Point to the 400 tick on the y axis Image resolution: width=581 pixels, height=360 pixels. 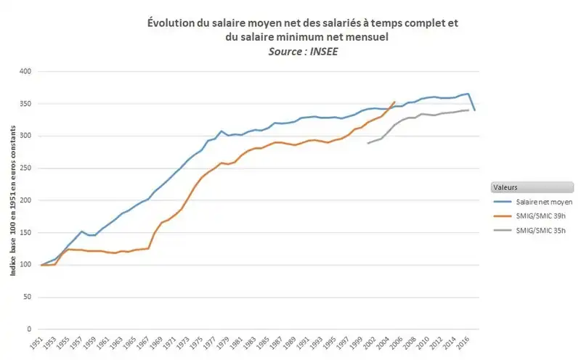point(25,72)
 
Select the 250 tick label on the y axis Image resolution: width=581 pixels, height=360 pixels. point(25,168)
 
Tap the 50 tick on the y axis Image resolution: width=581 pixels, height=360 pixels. point(28,297)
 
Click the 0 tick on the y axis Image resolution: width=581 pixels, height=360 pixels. point(30,330)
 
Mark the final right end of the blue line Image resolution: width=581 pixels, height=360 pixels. point(475,110)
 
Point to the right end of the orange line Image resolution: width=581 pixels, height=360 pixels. point(395,102)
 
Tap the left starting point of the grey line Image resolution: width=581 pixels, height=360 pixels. point(367,143)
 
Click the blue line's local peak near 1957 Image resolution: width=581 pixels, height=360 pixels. point(81,232)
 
